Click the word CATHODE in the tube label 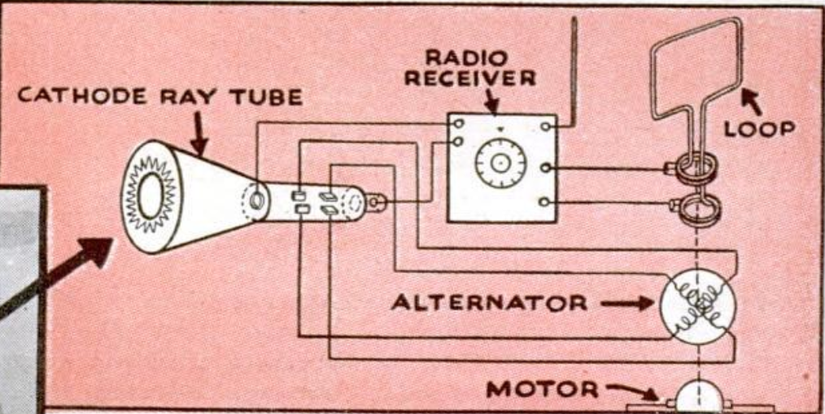[x=70, y=97]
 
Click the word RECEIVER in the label [x=471, y=79]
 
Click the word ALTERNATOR [x=489, y=303]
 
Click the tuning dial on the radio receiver [x=500, y=163]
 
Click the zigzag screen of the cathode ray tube [x=151, y=196]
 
